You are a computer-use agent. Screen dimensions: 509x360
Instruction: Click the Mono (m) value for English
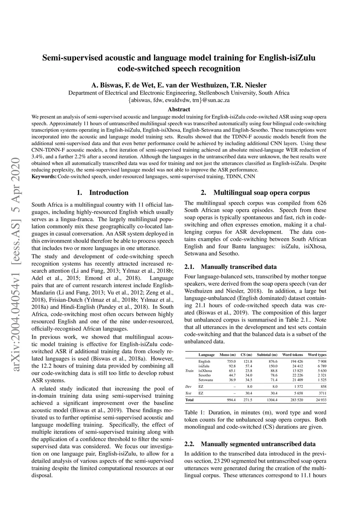tap(231, 361)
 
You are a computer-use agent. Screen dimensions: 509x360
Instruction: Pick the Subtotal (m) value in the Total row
tap(272, 400)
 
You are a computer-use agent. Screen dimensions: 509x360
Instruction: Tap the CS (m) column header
tap(246, 355)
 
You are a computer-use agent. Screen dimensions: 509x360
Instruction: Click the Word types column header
tap(317, 355)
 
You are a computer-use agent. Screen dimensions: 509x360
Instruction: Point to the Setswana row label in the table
tap(206, 380)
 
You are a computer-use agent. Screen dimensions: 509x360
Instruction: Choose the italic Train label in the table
tap(189, 371)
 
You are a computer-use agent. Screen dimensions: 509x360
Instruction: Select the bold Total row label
tap(189, 400)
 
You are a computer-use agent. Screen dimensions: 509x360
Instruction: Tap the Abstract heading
tap(179, 109)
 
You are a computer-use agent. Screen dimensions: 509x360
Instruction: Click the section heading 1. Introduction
tap(103, 192)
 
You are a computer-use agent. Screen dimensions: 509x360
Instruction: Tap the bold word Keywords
tap(44, 176)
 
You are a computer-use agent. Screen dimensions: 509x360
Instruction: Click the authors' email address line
tap(179, 100)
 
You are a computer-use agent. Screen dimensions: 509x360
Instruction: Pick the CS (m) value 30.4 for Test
tap(248, 393)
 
